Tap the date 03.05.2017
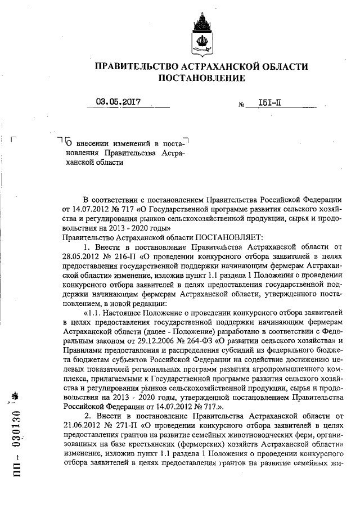pyautogui.click(x=118, y=102)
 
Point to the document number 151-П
pyautogui.click(x=271, y=103)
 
